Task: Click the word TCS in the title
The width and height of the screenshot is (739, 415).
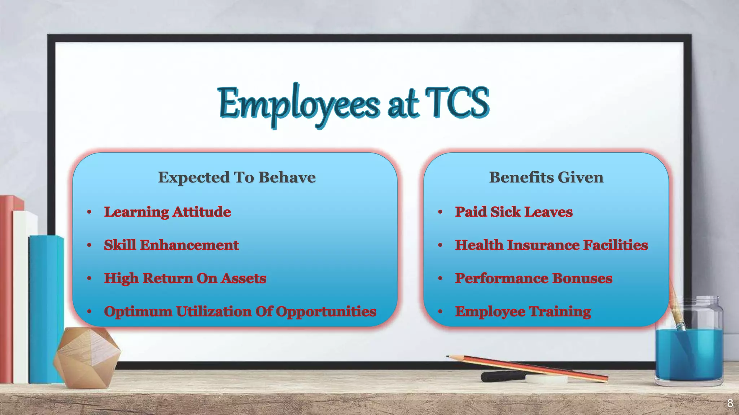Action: pyautogui.click(x=456, y=103)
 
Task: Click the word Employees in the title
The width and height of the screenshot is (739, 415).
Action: pyautogui.click(x=299, y=104)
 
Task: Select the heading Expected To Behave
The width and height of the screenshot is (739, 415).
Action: pyautogui.click(x=237, y=177)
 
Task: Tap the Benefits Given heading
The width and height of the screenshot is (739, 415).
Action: pyautogui.click(x=546, y=177)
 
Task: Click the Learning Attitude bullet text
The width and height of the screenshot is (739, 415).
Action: pyautogui.click(x=167, y=212)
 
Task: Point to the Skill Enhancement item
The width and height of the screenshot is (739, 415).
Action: pyautogui.click(x=171, y=245)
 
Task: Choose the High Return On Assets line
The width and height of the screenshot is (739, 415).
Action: pyautogui.click(x=185, y=278)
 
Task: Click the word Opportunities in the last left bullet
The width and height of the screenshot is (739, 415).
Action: pyautogui.click(x=326, y=312)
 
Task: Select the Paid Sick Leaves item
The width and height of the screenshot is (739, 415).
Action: pyautogui.click(x=513, y=212)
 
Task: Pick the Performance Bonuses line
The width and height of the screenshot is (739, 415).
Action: pyautogui.click(x=533, y=278)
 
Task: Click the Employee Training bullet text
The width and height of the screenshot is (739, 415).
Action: pyautogui.click(x=523, y=312)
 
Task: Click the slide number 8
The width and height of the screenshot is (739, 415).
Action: pyautogui.click(x=730, y=403)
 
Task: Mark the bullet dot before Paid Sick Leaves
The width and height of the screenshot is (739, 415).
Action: pyautogui.click(x=440, y=212)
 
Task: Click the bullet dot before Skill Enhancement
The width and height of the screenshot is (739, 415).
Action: pyautogui.click(x=89, y=245)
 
